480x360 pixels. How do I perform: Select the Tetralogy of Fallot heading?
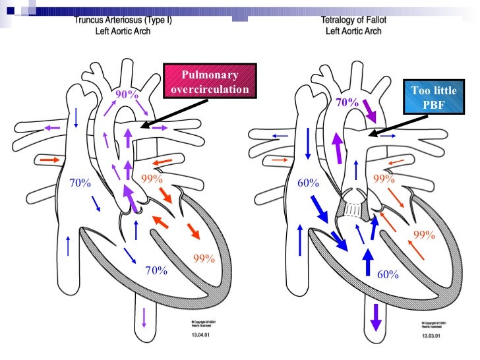tap(355, 20)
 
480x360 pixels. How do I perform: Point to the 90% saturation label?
tap(127, 95)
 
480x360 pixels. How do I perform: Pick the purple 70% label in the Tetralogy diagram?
tap(347, 103)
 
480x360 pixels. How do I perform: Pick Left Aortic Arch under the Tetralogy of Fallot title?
tap(355, 31)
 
